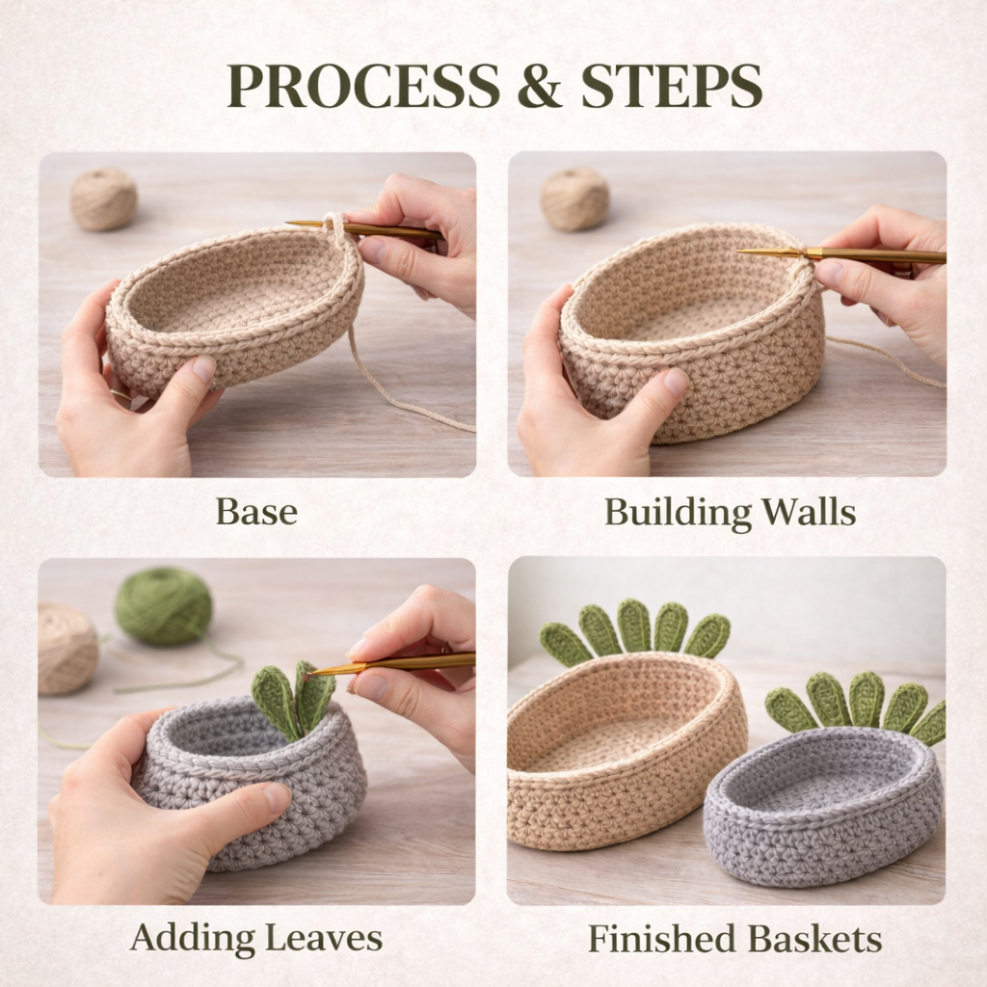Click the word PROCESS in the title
coord(363,86)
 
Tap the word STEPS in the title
coord(671,86)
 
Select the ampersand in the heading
coord(540,86)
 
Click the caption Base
coord(256,512)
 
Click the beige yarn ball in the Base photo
coord(104,199)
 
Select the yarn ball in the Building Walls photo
coord(574,199)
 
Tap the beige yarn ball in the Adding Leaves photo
coord(67,649)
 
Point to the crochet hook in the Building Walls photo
coord(840,254)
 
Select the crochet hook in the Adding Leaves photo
coord(391,664)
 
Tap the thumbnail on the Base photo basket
coord(204,367)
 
